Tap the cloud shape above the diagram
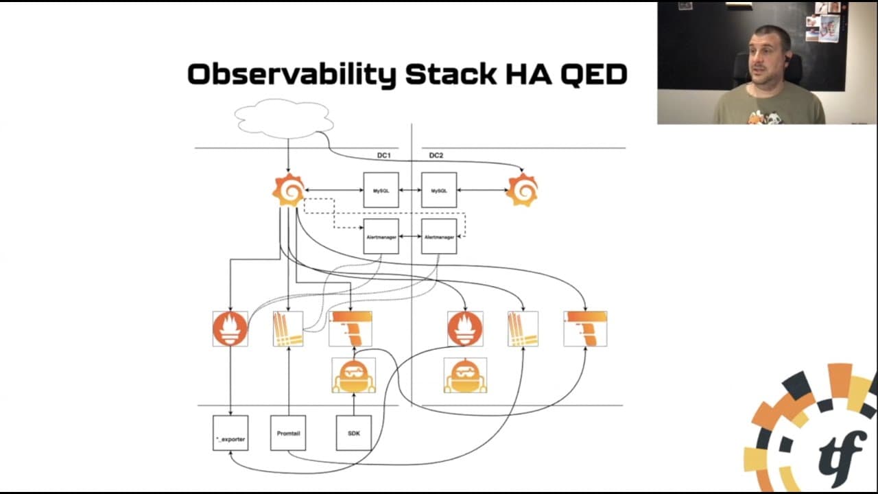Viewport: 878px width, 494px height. click(284, 118)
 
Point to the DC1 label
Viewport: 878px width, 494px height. click(383, 156)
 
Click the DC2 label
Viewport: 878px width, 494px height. click(436, 156)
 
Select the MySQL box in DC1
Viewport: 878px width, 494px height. click(381, 190)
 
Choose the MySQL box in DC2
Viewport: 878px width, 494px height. click(439, 190)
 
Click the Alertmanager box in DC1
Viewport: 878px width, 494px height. click(381, 237)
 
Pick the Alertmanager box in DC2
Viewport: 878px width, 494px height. click(439, 237)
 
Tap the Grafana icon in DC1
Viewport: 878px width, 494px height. click(289, 190)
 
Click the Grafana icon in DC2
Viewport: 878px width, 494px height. click(522, 190)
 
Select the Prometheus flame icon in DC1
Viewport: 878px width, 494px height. click(230, 329)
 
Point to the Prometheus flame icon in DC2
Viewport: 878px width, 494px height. click(465, 329)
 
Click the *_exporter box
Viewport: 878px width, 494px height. click(230, 433)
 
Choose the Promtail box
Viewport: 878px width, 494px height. click(288, 433)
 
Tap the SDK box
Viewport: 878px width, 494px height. click(354, 433)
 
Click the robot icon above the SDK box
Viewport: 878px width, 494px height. click(354, 375)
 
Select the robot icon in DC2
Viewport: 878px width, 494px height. click(465, 375)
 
